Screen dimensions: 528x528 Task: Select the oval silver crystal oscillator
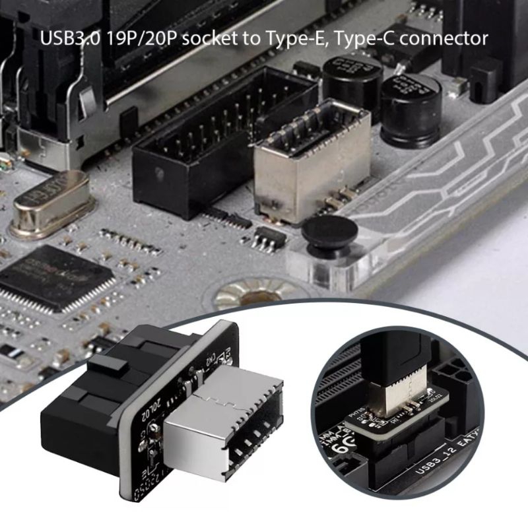coord(49,198)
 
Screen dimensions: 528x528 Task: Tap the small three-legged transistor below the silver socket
coord(267,238)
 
